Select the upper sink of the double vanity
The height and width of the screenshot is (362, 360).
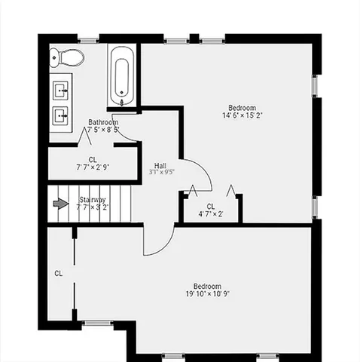(x=60, y=91)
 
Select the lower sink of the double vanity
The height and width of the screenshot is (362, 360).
(x=60, y=115)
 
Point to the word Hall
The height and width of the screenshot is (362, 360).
(x=160, y=164)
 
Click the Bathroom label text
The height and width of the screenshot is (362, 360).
(x=103, y=122)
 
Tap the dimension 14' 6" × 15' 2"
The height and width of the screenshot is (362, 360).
(x=242, y=115)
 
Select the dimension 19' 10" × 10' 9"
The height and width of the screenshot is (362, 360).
(x=207, y=294)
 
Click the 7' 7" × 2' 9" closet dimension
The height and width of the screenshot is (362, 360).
(x=93, y=167)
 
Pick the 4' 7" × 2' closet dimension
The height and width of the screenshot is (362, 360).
(x=211, y=213)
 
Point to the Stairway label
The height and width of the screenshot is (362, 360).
(x=93, y=200)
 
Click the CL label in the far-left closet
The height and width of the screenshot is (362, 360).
(x=58, y=272)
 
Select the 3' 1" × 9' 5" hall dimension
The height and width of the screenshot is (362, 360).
(x=161, y=172)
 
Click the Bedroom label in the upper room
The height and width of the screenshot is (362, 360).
(x=242, y=107)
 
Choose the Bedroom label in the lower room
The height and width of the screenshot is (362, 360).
(x=207, y=286)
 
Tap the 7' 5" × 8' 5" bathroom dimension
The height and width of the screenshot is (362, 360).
(x=103, y=130)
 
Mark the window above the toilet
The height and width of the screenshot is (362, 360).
(x=88, y=38)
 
